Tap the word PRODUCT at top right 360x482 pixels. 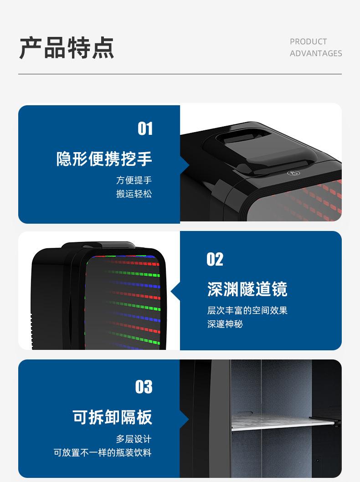[x=308, y=41]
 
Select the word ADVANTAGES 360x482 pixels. [x=316, y=53]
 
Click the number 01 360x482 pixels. [x=145, y=129]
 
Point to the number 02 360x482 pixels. [x=215, y=260]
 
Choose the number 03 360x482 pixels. [x=144, y=387]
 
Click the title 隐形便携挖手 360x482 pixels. [x=104, y=159]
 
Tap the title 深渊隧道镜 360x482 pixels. [x=247, y=289]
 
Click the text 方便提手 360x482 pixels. [x=134, y=180]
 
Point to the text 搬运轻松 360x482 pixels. [x=134, y=194]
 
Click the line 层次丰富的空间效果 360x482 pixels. [x=247, y=311]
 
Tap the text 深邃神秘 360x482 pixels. [x=225, y=324]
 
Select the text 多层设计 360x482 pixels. [x=134, y=439]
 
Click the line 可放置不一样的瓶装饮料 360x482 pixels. [x=103, y=453]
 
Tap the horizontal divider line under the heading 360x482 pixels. [x=180, y=74]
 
